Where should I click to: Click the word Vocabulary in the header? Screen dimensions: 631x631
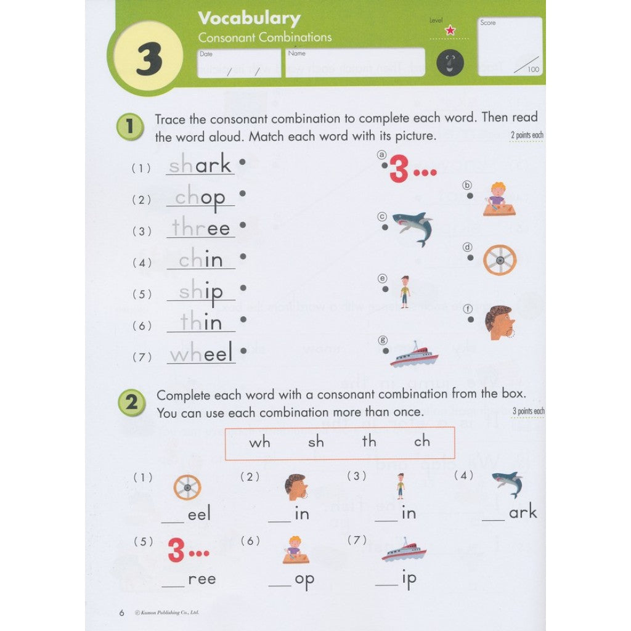pyautogui.click(x=249, y=18)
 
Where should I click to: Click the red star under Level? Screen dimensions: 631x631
pyautogui.click(x=450, y=30)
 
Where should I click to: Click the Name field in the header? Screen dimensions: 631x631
pyautogui.click(x=355, y=62)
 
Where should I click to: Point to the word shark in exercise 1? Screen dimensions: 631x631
pyautogui.click(x=200, y=165)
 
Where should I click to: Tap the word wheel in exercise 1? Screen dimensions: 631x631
pyautogui.click(x=202, y=354)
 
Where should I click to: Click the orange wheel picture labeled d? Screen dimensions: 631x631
pyautogui.click(x=499, y=260)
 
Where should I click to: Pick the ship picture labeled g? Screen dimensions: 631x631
pyautogui.click(x=413, y=356)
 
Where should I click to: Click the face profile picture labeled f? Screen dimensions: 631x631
pyautogui.click(x=499, y=323)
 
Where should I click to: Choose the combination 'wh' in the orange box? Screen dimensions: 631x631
pyautogui.click(x=259, y=442)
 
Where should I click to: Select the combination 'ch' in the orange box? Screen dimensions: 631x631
pyautogui.click(x=422, y=442)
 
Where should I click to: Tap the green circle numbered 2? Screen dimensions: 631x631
pyautogui.click(x=131, y=404)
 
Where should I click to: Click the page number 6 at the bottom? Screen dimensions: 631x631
pyautogui.click(x=121, y=613)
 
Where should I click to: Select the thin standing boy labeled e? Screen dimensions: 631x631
pyautogui.click(x=404, y=291)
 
